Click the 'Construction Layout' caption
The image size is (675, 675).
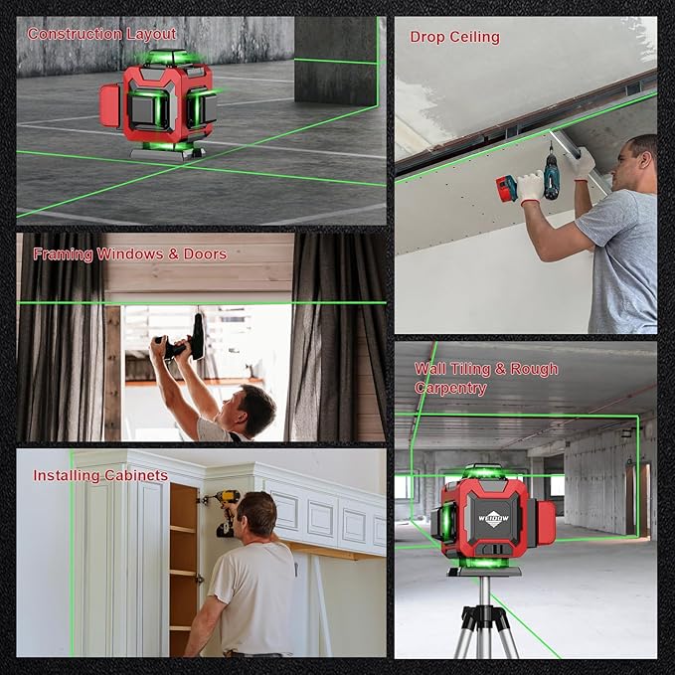coord(101,34)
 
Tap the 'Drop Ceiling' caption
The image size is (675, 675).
coord(454,37)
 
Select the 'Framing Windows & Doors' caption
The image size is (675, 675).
coord(129,254)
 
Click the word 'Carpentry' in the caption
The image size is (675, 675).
coord(450,388)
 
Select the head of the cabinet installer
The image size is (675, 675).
coord(255,516)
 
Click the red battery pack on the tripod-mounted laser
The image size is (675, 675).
coord(545,522)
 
